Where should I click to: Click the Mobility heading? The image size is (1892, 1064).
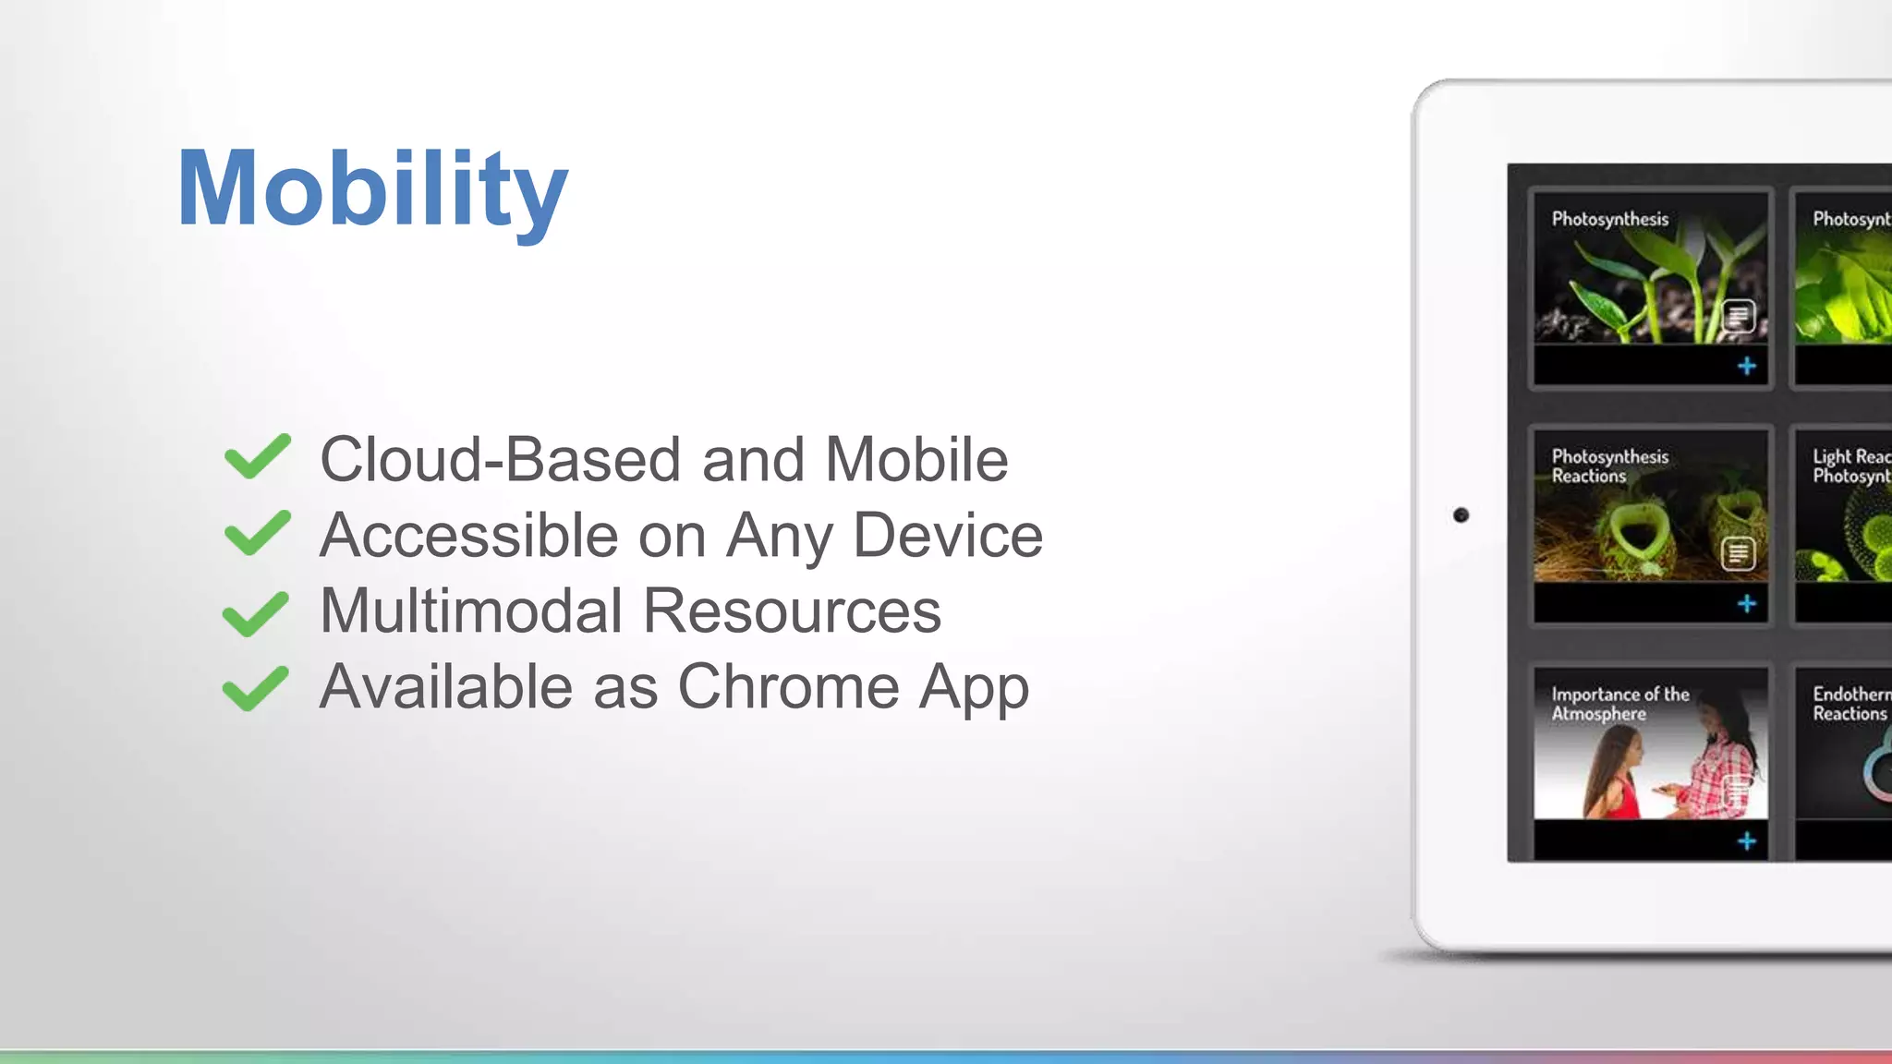(371, 189)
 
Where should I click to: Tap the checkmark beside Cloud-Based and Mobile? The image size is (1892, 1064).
(257, 456)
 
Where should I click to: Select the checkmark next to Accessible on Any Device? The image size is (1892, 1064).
(257, 533)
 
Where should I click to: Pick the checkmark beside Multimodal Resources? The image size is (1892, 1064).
(256, 613)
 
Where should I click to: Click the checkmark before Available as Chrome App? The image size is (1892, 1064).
(256, 689)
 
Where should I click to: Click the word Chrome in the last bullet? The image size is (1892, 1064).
(788, 687)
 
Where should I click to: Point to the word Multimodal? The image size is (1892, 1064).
(471, 611)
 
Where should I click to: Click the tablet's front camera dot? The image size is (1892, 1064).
(1461, 515)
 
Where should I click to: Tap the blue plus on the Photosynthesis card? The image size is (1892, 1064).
(1746, 367)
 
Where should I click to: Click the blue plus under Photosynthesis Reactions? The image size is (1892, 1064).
(1746, 604)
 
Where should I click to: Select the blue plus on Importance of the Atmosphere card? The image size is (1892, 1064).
(1746, 841)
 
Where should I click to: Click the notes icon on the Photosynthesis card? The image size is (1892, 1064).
(1738, 317)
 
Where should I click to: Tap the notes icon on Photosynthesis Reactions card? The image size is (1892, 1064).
(1738, 553)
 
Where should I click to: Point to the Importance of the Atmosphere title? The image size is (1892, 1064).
(1619, 704)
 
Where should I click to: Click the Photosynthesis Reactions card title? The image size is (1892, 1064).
(1609, 466)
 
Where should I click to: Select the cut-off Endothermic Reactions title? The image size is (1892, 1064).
(1850, 704)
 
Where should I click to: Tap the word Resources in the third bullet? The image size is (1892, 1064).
(792, 611)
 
